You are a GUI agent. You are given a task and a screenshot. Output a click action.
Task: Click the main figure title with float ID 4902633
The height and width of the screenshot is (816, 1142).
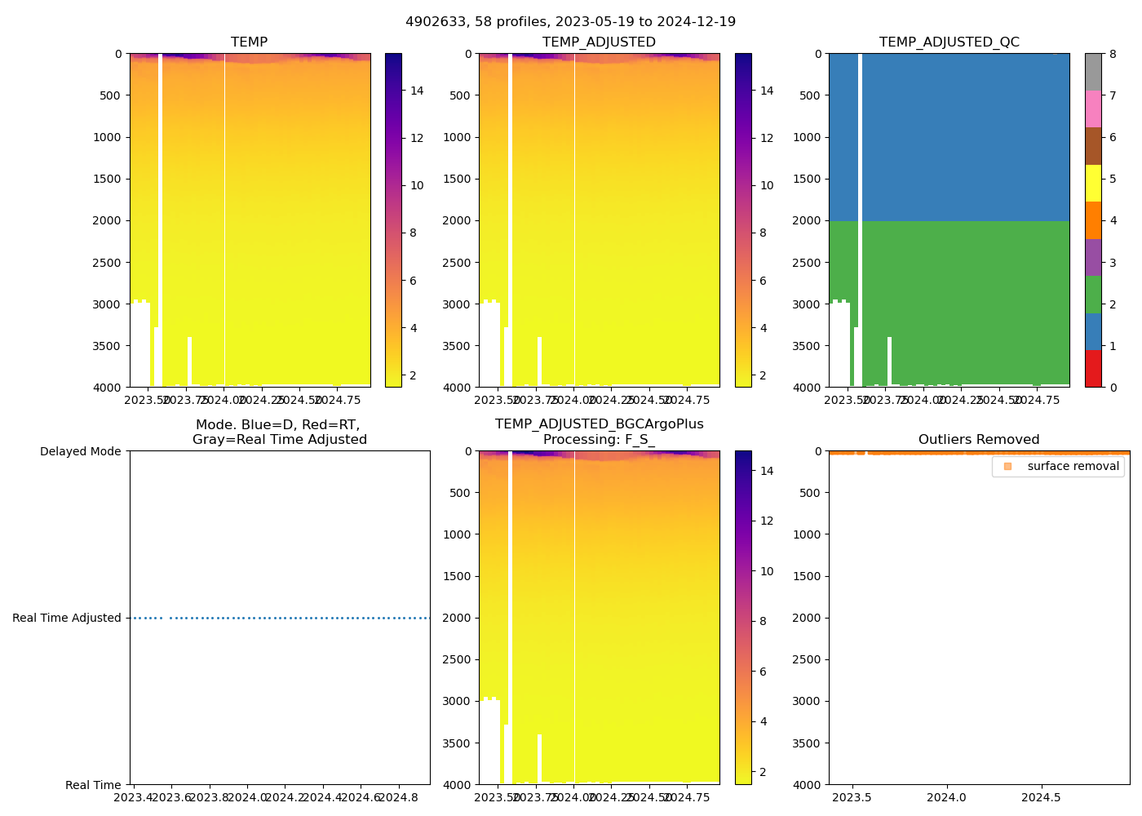[570, 22]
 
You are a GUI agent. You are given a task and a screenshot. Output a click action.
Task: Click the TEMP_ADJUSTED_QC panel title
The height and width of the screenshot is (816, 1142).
[949, 42]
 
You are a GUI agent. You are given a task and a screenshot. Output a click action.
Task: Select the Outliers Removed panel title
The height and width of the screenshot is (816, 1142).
[979, 440]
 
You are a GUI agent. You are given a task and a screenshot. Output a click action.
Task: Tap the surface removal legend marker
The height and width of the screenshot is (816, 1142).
[1007, 466]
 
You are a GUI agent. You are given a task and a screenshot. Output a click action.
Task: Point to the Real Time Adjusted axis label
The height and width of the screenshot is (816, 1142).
[67, 619]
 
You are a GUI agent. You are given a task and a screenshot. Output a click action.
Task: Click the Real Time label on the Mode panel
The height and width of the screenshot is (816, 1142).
[93, 785]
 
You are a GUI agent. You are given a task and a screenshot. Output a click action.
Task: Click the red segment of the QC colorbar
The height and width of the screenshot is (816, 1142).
[1093, 369]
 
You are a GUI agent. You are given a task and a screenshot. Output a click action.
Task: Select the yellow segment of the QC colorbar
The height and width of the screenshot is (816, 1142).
[1093, 184]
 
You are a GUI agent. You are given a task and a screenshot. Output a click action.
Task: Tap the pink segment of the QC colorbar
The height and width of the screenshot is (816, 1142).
[1093, 109]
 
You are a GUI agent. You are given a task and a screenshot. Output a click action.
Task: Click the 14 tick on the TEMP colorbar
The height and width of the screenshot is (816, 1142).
[417, 91]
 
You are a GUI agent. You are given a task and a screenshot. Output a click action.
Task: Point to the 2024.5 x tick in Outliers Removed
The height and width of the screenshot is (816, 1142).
[1041, 797]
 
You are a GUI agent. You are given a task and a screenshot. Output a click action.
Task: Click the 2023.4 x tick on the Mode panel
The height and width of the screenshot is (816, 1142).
[134, 797]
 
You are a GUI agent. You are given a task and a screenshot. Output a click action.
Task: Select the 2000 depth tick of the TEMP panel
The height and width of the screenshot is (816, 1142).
[107, 221]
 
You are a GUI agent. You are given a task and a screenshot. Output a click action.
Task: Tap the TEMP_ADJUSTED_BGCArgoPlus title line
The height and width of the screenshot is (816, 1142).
[599, 424]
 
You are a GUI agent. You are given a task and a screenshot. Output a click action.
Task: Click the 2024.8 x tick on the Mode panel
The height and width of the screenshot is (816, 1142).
[400, 797]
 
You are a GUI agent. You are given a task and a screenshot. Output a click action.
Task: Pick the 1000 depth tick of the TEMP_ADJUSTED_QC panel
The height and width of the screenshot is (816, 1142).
[807, 137]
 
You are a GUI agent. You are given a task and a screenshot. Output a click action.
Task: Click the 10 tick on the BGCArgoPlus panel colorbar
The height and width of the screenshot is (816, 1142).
[767, 571]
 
